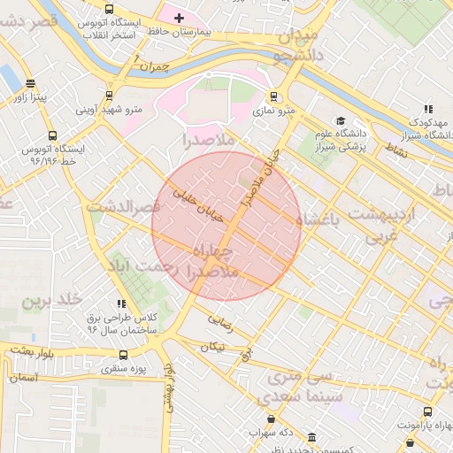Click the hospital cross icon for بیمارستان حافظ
179,18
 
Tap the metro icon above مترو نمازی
274,96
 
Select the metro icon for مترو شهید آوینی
110,96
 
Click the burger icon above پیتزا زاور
31,84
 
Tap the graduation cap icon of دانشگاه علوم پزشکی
341,120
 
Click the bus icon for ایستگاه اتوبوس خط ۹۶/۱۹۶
53,136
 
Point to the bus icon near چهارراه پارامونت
428,411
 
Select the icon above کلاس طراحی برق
121,303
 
